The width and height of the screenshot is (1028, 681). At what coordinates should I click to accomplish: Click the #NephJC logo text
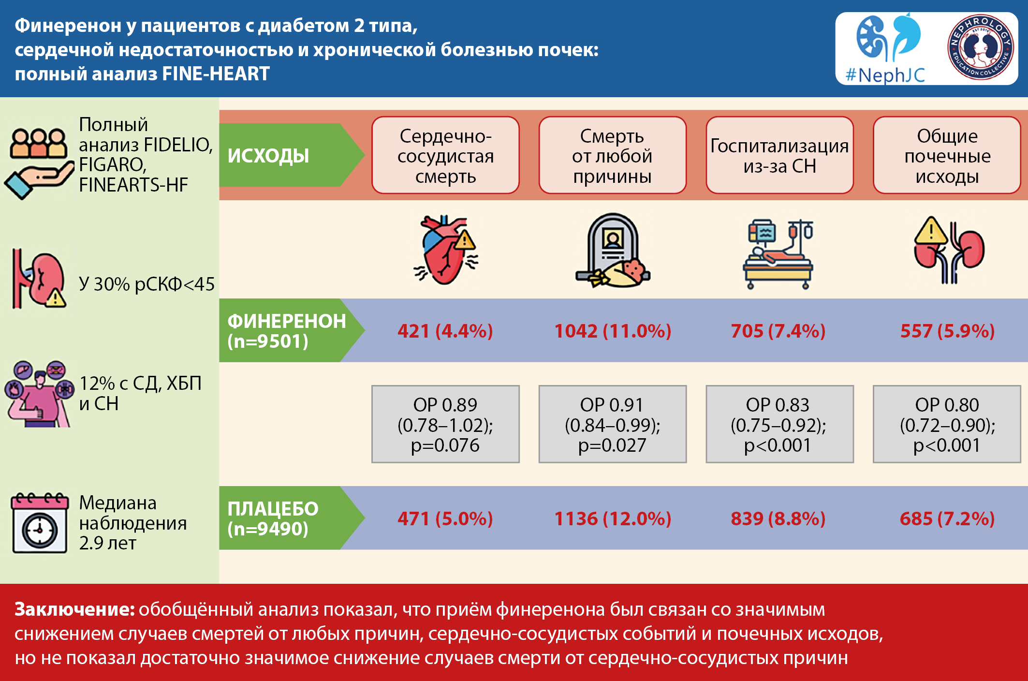point(885,75)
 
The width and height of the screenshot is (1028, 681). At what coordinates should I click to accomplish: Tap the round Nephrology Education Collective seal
point(981,47)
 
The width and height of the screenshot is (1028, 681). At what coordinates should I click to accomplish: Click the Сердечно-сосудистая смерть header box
point(445,155)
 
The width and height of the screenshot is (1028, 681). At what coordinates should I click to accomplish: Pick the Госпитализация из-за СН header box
point(779,155)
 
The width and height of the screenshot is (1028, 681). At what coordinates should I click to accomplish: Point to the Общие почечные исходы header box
point(947,155)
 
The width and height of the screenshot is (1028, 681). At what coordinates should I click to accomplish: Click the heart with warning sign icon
point(446,250)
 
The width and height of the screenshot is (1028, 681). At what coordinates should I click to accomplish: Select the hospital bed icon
point(778,254)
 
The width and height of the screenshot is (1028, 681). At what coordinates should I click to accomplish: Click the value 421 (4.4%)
point(445,331)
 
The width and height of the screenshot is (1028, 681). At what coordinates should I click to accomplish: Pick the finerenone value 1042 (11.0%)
point(613,331)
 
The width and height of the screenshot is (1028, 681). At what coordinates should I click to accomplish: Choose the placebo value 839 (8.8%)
point(778,518)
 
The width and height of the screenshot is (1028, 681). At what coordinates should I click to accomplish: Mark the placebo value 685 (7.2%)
point(947,518)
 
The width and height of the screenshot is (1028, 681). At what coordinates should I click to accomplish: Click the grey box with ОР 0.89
point(445,424)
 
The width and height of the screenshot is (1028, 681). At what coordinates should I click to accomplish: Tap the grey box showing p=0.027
point(613,424)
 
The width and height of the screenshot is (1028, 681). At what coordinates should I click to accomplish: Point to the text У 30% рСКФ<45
point(147,284)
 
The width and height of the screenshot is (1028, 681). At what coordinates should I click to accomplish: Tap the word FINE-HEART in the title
point(216,74)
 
